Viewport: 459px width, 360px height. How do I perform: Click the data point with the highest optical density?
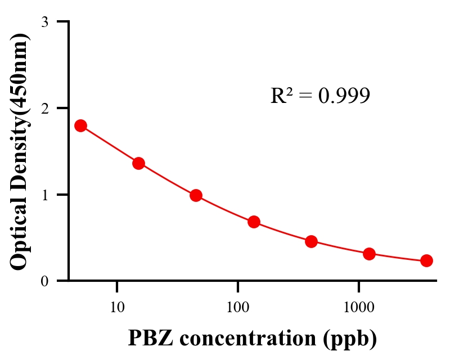[x=80, y=125]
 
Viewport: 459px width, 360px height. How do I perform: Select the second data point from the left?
[x=138, y=163]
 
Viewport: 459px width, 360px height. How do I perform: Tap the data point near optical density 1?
[x=196, y=195]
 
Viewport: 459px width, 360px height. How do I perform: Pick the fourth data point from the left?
[x=254, y=222]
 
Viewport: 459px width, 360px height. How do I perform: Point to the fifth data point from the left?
[x=311, y=242]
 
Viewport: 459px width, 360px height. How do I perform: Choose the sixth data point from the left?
[x=369, y=254]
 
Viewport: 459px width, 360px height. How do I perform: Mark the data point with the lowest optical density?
[x=426, y=260]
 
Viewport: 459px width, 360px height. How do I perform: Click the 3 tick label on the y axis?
[x=44, y=22]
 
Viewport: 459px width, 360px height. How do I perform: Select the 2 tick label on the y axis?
[x=44, y=108]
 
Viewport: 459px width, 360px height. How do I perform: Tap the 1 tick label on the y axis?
[x=44, y=195]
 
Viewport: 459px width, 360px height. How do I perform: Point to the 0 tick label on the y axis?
[x=44, y=281]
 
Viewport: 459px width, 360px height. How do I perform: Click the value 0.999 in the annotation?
[x=344, y=96]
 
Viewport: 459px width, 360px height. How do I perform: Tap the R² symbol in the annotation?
[x=281, y=96]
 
